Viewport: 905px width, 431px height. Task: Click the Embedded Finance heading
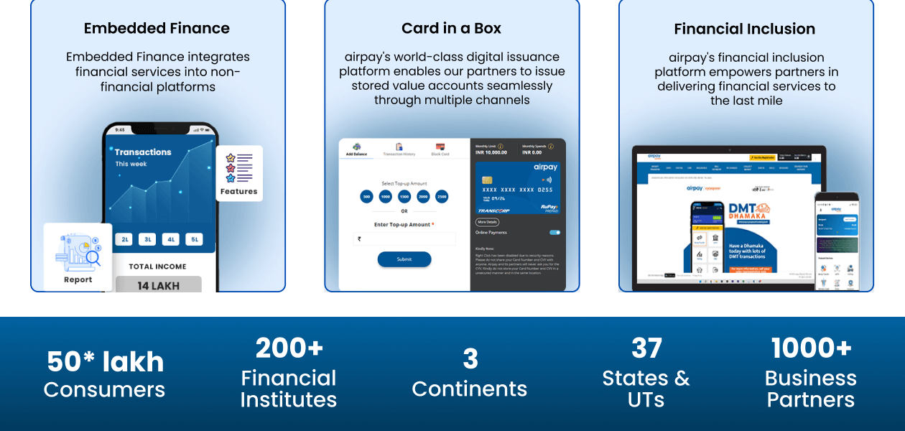(157, 29)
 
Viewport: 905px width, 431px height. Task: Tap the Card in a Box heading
(451, 29)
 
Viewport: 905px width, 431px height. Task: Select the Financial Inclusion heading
(744, 29)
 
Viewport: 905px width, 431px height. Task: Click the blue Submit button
(404, 259)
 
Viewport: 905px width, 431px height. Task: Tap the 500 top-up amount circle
(366, 196)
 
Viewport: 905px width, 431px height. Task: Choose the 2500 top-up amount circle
(441, 196)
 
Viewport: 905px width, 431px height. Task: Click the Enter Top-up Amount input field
(404, 238)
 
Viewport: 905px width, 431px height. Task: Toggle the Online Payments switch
(554, 233)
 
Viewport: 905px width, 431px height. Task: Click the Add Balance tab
(356, 149)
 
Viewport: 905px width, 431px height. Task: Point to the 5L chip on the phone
(194, 239)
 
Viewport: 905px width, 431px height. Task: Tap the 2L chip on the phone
(125, 239)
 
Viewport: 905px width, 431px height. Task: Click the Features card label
(238, 191)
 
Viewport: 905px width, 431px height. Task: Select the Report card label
(78, 279)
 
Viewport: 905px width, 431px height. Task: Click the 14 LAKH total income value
(158, 285)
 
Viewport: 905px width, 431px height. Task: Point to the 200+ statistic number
(289, 348)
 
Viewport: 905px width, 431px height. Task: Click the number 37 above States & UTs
(646, 348)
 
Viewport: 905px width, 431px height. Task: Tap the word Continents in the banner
(469, 389)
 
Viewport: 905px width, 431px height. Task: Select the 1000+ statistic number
(811, 348)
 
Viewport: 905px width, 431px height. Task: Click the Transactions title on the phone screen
(143, 152)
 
